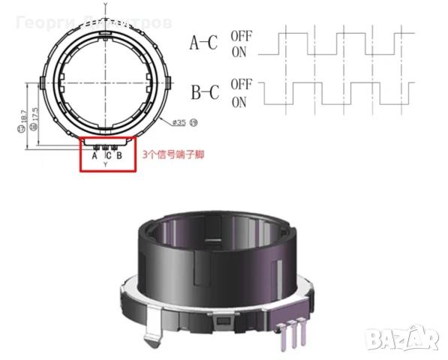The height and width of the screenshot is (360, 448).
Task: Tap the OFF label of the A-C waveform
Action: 241,34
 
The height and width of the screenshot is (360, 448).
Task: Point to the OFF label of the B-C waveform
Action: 241,85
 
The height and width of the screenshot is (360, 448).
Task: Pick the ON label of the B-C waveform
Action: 239,102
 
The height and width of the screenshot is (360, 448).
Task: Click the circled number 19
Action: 194,122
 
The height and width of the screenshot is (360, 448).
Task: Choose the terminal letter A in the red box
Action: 95,156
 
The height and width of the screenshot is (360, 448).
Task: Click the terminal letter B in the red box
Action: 119,156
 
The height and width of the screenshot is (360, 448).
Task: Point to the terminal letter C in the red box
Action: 107,156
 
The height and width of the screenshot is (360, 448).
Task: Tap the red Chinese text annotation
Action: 173,155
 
